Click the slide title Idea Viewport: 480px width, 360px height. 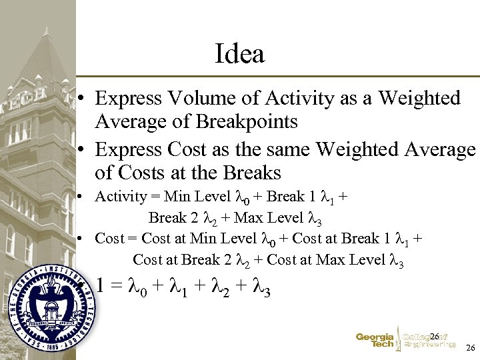click(240, 54)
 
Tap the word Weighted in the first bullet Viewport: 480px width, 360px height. click(419, 99)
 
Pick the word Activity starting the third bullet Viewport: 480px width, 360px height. click(121, 197)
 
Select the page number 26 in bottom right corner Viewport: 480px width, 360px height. click(471, 348)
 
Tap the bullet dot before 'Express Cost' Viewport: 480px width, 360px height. click(79, 149)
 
